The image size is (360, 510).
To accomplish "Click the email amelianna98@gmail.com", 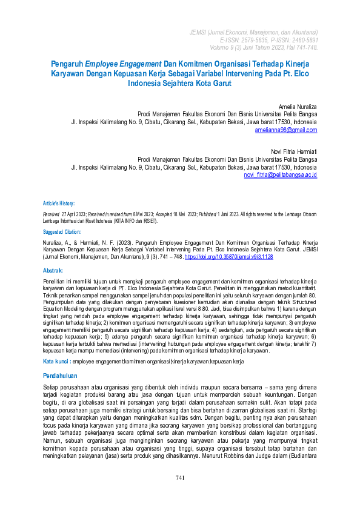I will tap(286, 130).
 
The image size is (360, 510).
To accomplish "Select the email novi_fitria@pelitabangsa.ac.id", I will tap(280, 174).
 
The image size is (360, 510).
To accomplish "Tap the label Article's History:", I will tap(59, 204).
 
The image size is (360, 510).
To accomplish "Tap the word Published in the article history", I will tap(210, 214).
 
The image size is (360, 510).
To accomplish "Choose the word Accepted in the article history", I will tap(161, 214).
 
